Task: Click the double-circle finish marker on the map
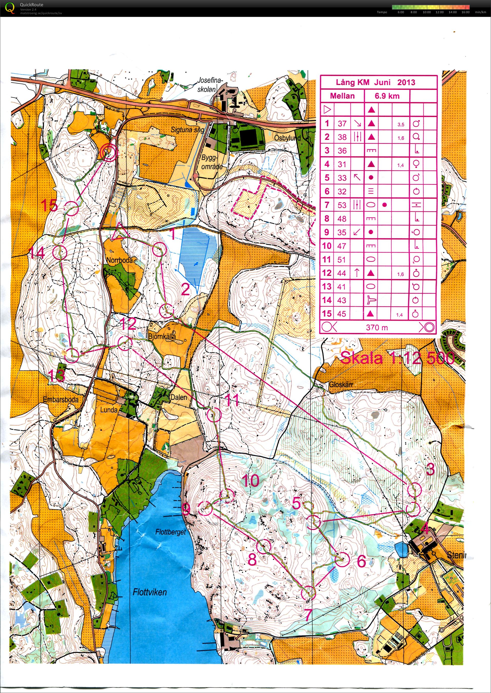point(109,152)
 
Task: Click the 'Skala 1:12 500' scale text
point(397,358)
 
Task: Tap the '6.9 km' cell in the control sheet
point(387,96)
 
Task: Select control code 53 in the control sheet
point(342,205)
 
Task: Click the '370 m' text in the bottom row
point(377,327)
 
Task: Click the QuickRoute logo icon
point(10,8)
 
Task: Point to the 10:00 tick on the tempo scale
point(427,12)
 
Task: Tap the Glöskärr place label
point(341,385)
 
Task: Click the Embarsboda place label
point(61,400)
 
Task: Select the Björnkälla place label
point(162,337)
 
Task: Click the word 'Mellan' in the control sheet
point(342,96)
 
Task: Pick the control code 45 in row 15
point(342,314)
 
